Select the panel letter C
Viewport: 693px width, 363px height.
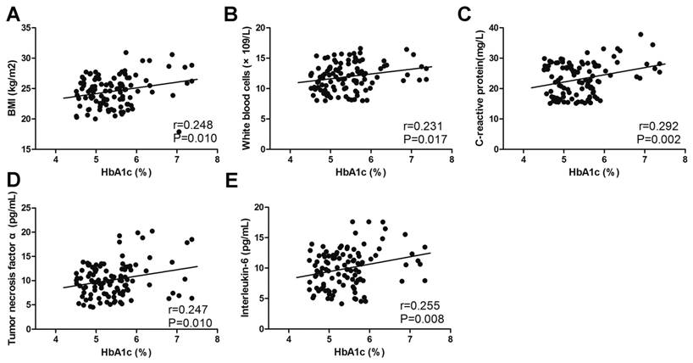(x=487, y=13)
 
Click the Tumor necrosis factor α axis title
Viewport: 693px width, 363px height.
(x=14, y=269)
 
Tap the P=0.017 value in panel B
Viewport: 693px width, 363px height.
(x=424, y=139)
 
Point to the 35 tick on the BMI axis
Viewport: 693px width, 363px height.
(x=42, y=28)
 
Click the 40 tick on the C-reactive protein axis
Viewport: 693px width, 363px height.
(x=513, y=28)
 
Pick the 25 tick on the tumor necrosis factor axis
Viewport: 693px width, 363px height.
(x=42, y=208)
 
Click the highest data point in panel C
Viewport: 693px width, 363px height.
(x=640, y=35)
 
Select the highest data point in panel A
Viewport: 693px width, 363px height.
(x=125, y=53)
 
